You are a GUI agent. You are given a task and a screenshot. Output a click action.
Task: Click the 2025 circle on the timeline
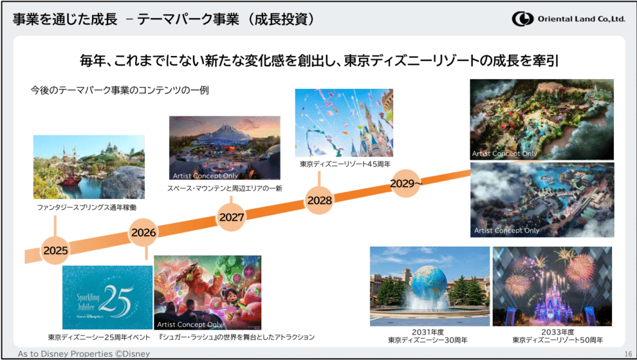pyautogui.click(x=55, y=250)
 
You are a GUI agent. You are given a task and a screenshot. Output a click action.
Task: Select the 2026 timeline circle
pyautogui.click(x=144, y=232)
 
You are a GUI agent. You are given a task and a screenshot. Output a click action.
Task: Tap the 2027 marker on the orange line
pyautogui.click(x=231, y=217)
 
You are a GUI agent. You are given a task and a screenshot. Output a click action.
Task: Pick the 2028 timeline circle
pyautogui.click(x=319, y=200)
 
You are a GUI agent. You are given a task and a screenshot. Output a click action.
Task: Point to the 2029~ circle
pyautogui.click(x=406, y=183)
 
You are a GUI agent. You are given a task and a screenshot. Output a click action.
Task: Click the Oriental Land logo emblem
pyautogui.click(x=523, y=19)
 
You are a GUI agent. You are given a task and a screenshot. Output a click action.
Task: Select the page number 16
pyautogui.click(x=628, y=354)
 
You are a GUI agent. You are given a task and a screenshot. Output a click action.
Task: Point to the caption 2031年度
pyautogui.click(x=427, y=332)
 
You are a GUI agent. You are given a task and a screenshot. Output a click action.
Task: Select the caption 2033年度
pyautogui.click(x=558, y=332)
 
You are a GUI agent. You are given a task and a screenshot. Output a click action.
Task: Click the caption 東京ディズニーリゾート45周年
pyautogui.click(x=345, y=164)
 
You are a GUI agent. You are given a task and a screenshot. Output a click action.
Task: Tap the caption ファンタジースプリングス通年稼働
pyautogui.click(x=87, y=208)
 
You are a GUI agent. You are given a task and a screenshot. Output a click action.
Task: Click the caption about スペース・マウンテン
pyautogui.click(x=225, y=188)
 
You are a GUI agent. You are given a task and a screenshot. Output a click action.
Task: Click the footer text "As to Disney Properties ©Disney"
pyautogui.click(x=84, y=354)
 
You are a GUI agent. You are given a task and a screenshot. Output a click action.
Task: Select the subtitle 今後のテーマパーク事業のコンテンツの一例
pyautogui.click(x=119, y=90)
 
